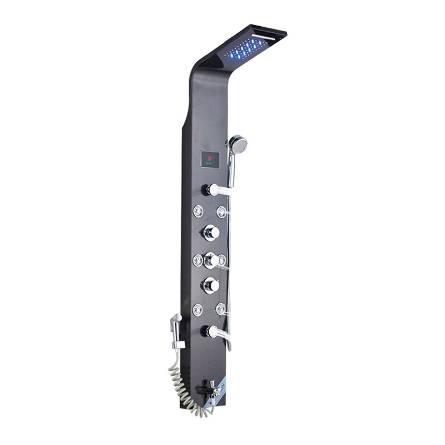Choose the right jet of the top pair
tap(222, 211)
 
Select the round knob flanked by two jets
tap(210, 259)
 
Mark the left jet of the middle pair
tap(198, 259)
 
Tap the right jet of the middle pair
tap(221, 259)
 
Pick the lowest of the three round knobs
tap(210, 286)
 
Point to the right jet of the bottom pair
tap(221, 308)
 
